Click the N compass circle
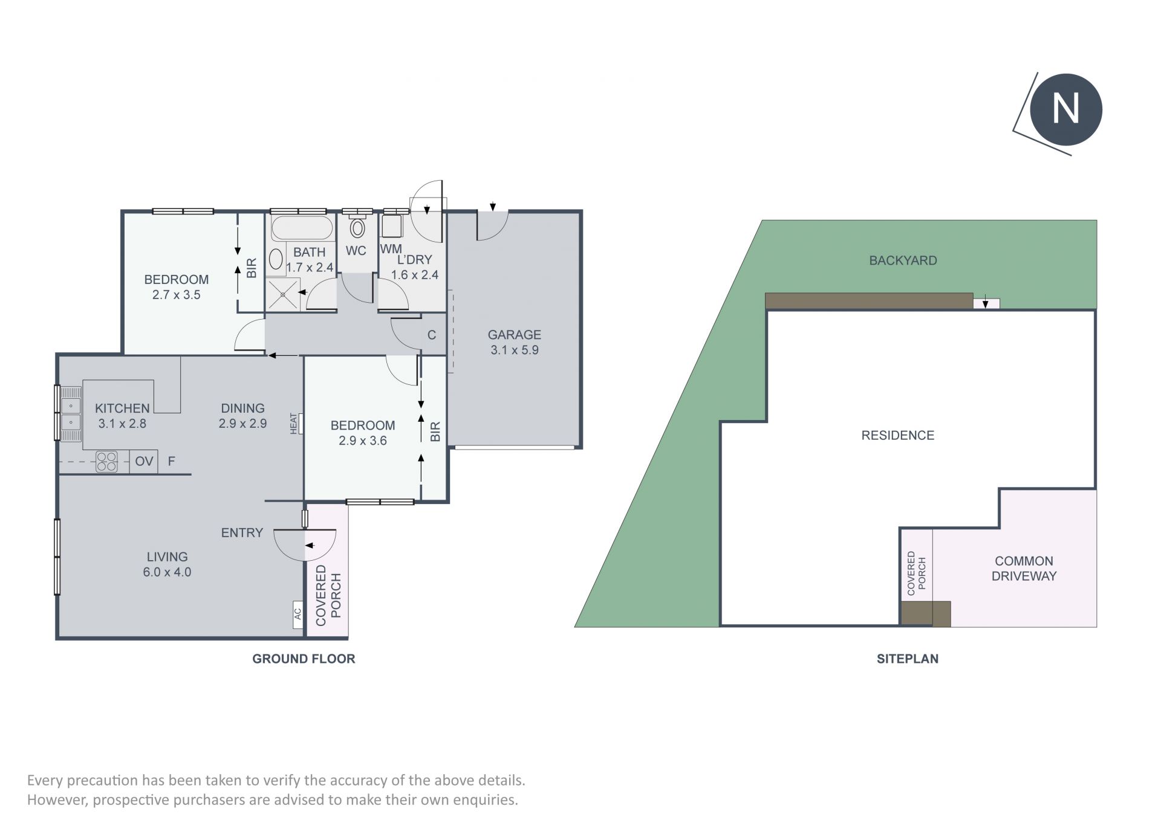pyautogui.click(x=1066, y=109)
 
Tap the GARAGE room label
pyautogui.click(x=514, y=334)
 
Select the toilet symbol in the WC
pyautogui.click(x=357, y=228)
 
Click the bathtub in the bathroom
pyautogui.click(x=302, y=229)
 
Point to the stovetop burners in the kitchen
pyautogui.click(x=107, y=462)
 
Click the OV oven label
pyautogui.click(x=144, y=462)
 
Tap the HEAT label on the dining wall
pyautogui.click(x=294, y=423)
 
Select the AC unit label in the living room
pyautogui.click(x=298, y=613)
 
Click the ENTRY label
pyautogui.click(x=242, y=532)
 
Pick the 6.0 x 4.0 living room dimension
pyautogui.click(x=167, y=572)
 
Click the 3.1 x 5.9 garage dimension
pyautogui.click(x=514, y=350)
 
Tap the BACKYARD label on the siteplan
pyautogui.click(x=903, y=260)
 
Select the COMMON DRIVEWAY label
pyautogui.click(x=1024, y=569)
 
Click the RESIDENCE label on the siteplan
pyautogui.click(x=897, y=435)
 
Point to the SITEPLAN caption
pyautogui.click(x=908, y=659)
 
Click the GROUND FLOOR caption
pyautogui.click(x=304, y=659)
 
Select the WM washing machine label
pyautogui.click(x=391, y=249)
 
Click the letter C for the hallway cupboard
pyautogui.click(x=432, y=335)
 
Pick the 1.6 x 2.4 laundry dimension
pyautogui.click(x=414, y=274)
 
